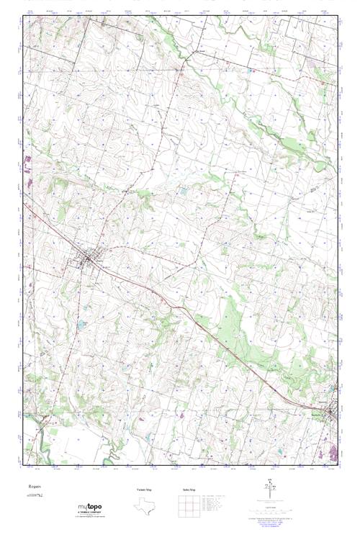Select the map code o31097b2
coord(35,497)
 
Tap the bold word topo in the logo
coord(94,507)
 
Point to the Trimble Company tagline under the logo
coord(89,513)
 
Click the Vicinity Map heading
coord(144,489)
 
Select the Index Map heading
coord(189,489)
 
